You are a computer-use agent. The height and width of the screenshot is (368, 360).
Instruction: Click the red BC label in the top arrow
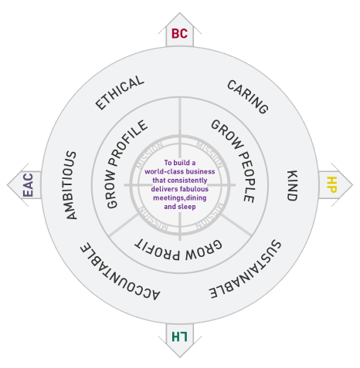coord(179,34)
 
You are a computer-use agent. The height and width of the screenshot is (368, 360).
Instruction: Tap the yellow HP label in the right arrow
coord(331,184)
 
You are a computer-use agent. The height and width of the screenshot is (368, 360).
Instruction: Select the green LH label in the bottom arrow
coord(179,336)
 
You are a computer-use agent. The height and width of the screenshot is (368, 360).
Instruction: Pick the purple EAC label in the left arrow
coord(28,185)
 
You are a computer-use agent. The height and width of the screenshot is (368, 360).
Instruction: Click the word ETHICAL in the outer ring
coord(120,93)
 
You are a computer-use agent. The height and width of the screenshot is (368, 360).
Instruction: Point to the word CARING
coord(248,97)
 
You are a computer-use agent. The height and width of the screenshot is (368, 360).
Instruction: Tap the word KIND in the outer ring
coord(292,185)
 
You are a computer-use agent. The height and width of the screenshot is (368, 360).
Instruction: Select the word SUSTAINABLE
coord(245,269)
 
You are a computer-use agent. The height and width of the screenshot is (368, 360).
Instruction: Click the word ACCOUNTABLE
coord(120,272)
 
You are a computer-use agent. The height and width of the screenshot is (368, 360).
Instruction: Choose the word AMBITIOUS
coord(70,185)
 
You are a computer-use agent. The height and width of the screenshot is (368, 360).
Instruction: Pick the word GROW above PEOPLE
coord(227,134)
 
